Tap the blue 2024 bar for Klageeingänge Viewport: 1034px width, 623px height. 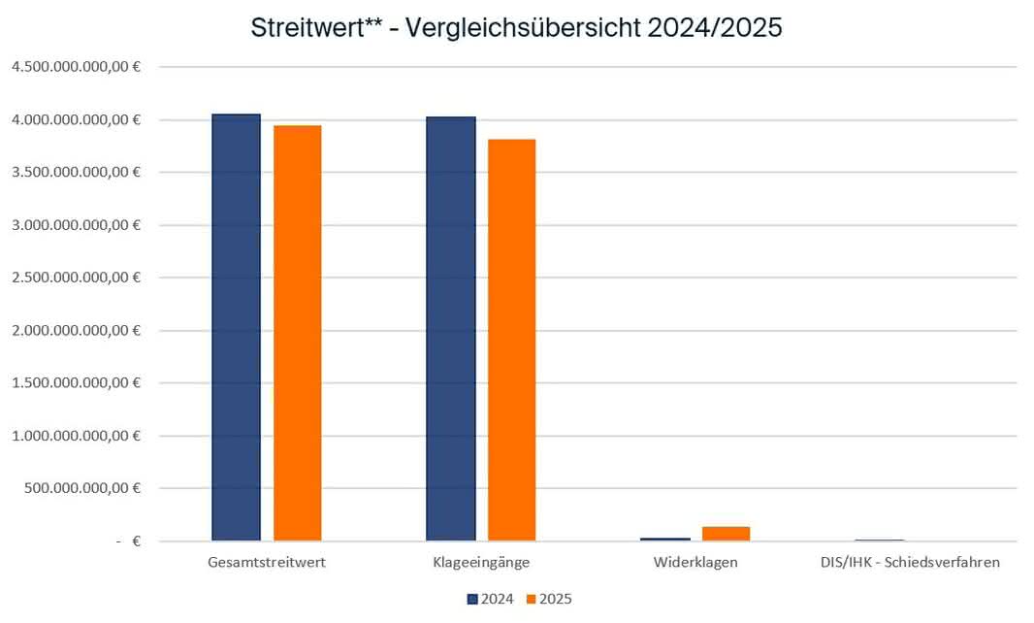[x=451, y=329]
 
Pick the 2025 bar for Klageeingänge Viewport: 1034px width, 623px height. [x=512, y=340]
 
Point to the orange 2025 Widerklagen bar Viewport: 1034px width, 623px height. [x=727, y=533]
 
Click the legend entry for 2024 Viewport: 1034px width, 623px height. [x=491, y=599]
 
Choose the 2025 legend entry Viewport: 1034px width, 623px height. [x=549, y=599]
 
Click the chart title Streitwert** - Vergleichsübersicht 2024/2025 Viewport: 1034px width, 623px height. [x=516, y=28]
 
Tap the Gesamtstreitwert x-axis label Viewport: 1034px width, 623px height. [x=267, y=563]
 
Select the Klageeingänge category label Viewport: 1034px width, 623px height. [x=481, y=563]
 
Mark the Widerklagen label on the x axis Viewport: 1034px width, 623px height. [x=695, y=563]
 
